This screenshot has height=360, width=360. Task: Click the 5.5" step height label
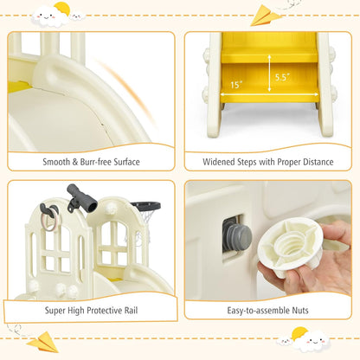[282, 77]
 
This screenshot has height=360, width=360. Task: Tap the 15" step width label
[236, 85]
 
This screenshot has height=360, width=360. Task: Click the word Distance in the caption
[318, 162]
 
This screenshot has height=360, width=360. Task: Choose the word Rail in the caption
[131, 311]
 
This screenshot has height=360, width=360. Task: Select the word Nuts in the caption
[300, 311]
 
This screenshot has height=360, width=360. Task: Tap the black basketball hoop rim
[146, 206]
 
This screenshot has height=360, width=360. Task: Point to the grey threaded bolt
[237, 237]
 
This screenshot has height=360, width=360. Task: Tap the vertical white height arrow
[269, 74]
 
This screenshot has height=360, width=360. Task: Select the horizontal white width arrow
[269, 94]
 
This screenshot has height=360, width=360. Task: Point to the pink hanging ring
[50, 220]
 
